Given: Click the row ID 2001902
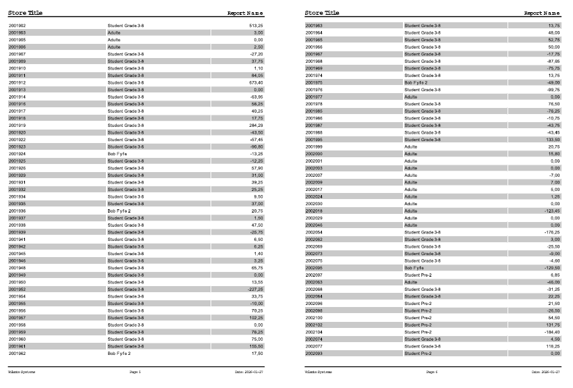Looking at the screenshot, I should pos(17,26).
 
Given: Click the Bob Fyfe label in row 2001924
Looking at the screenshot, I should pos(117,154).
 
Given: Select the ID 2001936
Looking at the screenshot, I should pos(17,211).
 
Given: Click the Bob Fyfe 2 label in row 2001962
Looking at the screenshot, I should pos(119,353).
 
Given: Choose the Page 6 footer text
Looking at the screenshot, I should pos(432,372).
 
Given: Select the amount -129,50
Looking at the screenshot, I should pos(551,268).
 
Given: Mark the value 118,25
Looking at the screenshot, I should pos(553,346).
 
